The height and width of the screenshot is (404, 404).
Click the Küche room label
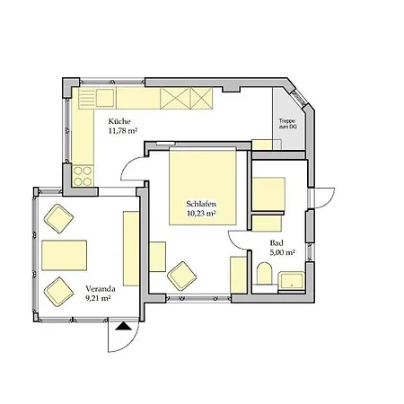tap(119, 121)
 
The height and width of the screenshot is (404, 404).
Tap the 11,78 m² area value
tap(123, 131)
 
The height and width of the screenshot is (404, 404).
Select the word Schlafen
tap(201, 204)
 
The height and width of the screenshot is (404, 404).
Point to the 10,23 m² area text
tap(201, 214)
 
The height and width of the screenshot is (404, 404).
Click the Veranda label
tap(101, 289)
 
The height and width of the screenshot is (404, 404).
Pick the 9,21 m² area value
tap(98, 298)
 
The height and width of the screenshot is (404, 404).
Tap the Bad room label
tap(277, 242)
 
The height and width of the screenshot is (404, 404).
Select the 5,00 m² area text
tap(283, 252)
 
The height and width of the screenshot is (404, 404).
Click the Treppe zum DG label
tap(287, 124)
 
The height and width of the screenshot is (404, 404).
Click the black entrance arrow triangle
tap(124, 327)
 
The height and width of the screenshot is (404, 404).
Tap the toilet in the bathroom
tap(264, 273)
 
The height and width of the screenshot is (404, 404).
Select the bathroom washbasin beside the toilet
tap(292, 280)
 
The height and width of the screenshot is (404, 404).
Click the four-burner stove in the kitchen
tap(83, 176)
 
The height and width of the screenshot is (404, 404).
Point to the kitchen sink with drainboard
tap(97, 98)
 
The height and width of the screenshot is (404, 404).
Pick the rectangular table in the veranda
tap(65, 255)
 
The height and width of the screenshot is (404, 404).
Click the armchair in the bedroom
tap(182, 276)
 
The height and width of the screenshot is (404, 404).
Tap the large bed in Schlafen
tap(203, 186)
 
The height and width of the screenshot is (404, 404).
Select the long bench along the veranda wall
tap(131, 249)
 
